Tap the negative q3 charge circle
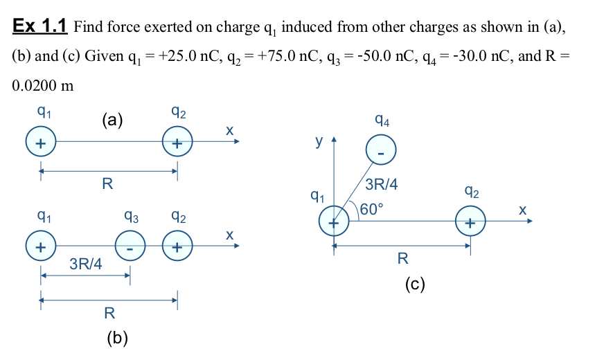[130, 246]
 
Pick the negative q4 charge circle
[380, 149]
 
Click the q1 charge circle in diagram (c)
[334, 222]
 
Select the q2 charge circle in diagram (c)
[470, 222]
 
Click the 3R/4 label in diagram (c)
[381, 186]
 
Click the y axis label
[319, 141]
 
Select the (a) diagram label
[112, 120]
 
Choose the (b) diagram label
[117, 338]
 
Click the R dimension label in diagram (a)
[107, 184]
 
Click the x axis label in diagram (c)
[522, 208]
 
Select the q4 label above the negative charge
[382, 120]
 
